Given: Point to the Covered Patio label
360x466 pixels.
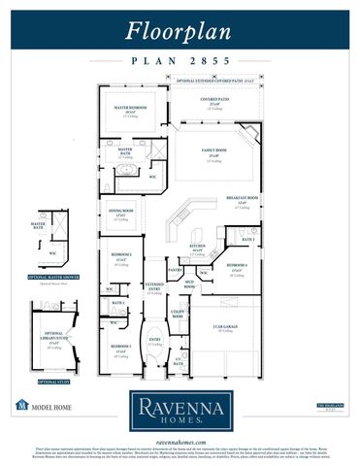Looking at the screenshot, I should coord(214,99).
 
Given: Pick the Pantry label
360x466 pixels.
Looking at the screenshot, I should coord(175,269).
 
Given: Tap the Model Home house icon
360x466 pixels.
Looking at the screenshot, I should coord(21,404).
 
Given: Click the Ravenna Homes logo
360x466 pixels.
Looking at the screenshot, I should coord(180,409).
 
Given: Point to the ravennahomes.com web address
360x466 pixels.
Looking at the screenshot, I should coord(180,438).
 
